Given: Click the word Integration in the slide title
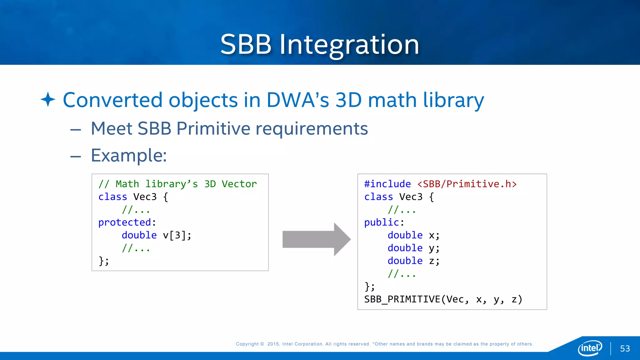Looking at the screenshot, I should point(349,45).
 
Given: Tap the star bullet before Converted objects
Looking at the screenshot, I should point(48,99).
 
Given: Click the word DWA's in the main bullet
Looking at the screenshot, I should point(298,100).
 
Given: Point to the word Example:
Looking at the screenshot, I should point(129,155).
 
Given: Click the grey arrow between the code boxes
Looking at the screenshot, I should point(316,239).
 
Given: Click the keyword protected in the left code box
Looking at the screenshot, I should point(125,222).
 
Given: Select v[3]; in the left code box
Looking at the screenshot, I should point(177,235).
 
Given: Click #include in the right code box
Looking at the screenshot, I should point(387,184).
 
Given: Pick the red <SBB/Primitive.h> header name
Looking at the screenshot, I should point(467,184).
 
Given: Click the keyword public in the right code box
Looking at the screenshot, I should point(382,222).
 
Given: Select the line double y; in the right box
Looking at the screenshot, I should point(413,248).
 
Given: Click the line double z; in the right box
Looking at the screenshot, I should point(413,261).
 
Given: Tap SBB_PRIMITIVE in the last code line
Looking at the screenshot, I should point(402,299).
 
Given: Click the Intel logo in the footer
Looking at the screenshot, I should point(590,347).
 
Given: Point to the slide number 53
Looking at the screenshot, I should point(625,348).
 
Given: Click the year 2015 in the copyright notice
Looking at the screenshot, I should point(273,344).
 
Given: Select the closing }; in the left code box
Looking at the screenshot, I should point(104,261).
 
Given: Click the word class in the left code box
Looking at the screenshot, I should point(112,197).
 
